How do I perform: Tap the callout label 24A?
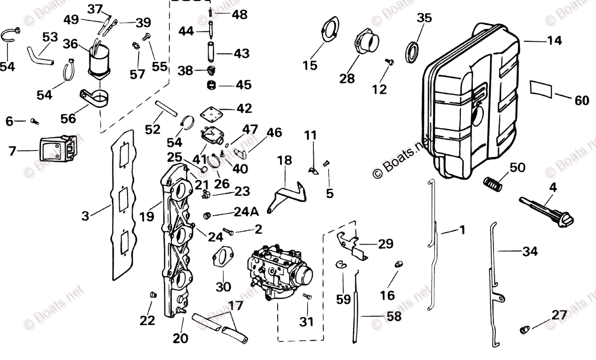click(247, 213)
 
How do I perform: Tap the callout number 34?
click(530, 252)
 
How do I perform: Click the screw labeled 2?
click(229, 231)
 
